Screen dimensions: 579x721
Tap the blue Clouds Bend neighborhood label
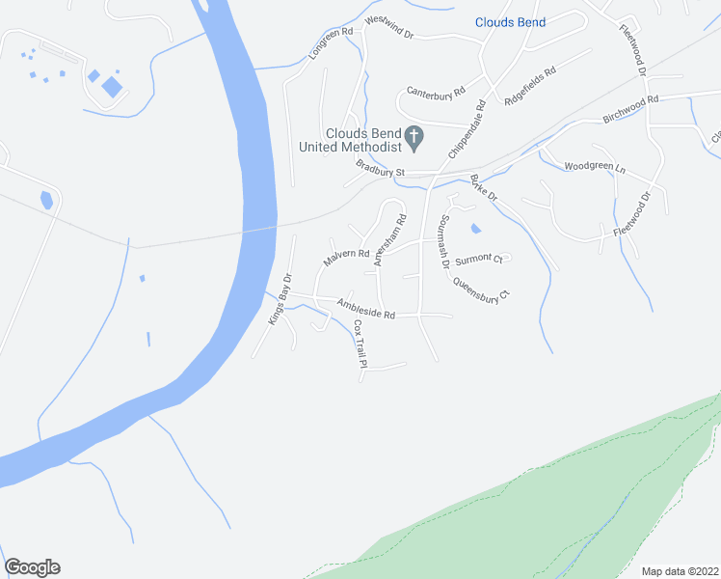[x=510, y=22]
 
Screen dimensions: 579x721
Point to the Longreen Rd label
[x=332, y=44]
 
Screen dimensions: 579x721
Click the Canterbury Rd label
[x=436, y=92]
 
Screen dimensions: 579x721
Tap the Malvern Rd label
[x=346, y=258]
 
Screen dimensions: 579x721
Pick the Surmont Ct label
[x=479, y=259]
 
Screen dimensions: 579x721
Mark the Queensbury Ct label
[x=480, y=289]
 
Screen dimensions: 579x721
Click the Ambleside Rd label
[x=366, y=309]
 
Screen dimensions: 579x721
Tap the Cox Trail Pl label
[x=360, y=345]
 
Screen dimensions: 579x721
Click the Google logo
[x=32, y=567]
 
